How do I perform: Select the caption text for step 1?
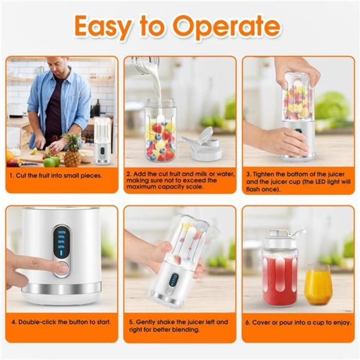pyautogui.click(x=56, y=175)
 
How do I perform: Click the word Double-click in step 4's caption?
pyautogui.click(x=41, y=323)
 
